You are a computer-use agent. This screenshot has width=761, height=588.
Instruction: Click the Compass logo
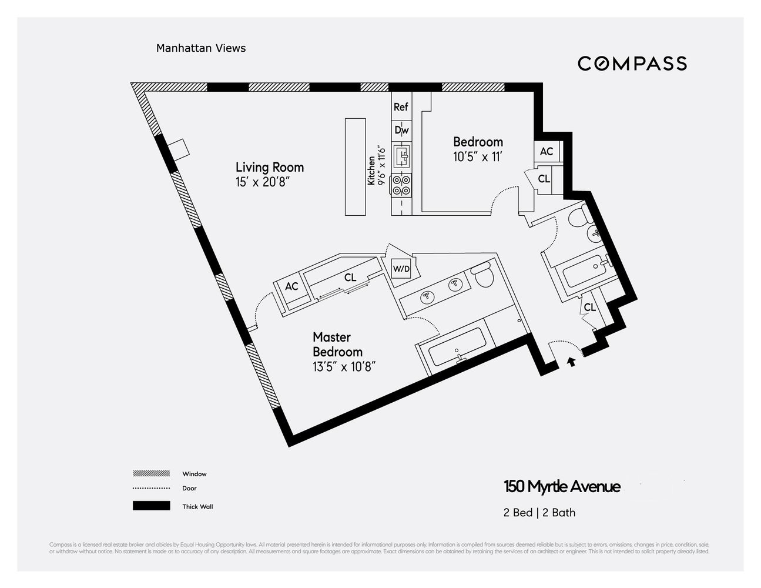click(x=632, y=64)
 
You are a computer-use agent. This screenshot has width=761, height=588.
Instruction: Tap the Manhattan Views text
click(x=201, y=48)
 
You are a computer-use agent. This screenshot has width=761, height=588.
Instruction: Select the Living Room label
click(x=270, y=167)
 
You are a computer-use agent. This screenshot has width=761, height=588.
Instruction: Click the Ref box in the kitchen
click(x=401, y=107)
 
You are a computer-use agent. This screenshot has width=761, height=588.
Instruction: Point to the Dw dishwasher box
click(x=401, y=130)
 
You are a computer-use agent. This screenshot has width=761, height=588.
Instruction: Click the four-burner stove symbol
click(x=402, y=185)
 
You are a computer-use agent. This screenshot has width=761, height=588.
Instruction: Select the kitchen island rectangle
click(x=355, y=167)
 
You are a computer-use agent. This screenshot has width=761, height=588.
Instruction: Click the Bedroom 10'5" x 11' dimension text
click(x=477, y=157)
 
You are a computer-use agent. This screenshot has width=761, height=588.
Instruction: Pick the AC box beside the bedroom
click(x=547, y=152)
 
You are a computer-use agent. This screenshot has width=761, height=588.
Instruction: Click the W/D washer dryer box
click(x=401, y=269)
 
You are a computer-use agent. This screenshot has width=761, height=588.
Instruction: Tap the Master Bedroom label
click(x=337, y=345)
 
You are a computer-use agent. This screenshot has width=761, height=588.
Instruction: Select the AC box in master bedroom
click(x=291, y=287)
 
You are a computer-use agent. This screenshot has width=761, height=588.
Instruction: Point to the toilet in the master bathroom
click(x=483, y=275)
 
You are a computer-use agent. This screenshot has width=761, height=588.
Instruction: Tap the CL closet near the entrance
click(x=589, y=308)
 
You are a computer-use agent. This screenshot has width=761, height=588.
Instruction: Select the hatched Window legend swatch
click(x=151, y=473)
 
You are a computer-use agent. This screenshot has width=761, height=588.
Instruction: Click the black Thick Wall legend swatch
click(x=151, y=506)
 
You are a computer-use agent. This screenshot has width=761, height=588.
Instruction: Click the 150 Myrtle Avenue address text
click(x=562, y=487)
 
